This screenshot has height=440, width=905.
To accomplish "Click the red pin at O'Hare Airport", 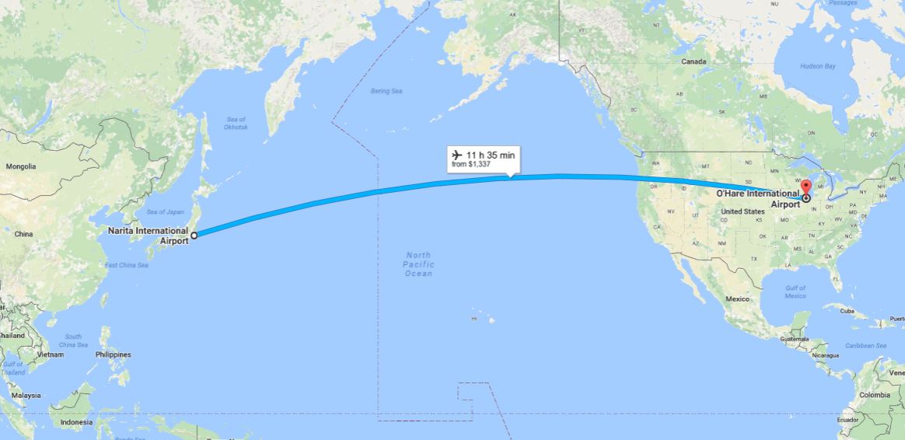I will (x=805, y=187).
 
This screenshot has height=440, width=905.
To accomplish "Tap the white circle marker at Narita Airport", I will (x=194, y=233).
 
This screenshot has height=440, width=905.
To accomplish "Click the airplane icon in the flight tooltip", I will (x=456, y=155).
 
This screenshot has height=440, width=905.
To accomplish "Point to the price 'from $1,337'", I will (x=471, y=164).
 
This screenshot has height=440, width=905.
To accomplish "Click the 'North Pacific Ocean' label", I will (x=418, y=264).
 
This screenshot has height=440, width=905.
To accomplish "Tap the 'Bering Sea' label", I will (x=386, y=92).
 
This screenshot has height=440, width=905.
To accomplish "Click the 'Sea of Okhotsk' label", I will (x=235, y=122).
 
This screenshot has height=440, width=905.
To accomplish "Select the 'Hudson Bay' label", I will (x=818, y=67).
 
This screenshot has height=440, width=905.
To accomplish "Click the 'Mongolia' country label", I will (x=21, y=166).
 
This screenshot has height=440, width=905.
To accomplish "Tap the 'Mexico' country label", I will (x=737, y=299).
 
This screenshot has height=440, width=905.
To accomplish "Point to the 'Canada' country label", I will (x=694, y=61).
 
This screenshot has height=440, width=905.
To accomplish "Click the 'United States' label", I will (x=742, y=211).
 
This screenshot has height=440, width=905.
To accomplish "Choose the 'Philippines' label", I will (x=114, y=354).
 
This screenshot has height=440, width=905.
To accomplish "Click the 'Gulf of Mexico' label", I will (x=795, y=292).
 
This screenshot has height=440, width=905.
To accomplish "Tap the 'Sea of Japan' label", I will (x=165, y=211).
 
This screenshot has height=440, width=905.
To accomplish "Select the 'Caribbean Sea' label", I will (x=865, y=345).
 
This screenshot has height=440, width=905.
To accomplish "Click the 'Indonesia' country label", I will (x=76, y=422).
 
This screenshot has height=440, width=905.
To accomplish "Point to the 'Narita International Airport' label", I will (x=149, y=236).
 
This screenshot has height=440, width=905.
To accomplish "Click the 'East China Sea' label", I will (x=126, y=266).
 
